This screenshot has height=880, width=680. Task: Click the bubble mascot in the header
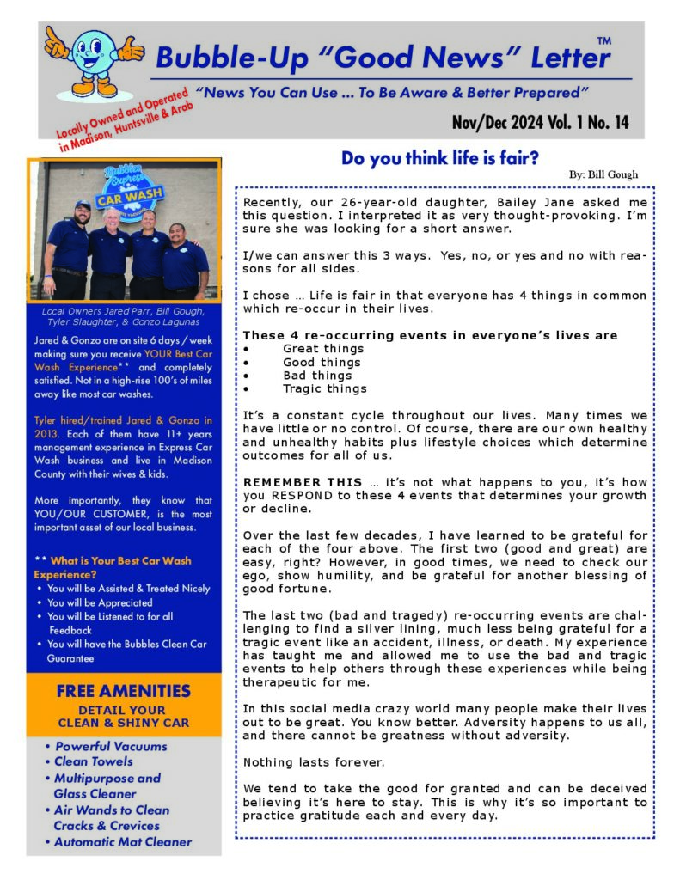pyautogui.click(x=93, y=60)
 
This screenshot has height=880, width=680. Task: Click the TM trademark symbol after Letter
pyautogui.click(x=603, y=40)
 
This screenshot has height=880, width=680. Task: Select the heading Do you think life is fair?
pyautogui.click(x=440, y=158)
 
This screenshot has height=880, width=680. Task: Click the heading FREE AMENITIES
pyautogui.click(x=123, y=691)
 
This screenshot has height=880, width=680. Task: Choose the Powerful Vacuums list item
pyautogui.click(x=111, y=746)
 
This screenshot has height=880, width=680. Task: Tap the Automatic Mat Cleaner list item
pyautogui.click(x=123, y=842)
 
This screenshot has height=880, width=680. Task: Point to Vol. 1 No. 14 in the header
pyautogui.click(x=585, y=123)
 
